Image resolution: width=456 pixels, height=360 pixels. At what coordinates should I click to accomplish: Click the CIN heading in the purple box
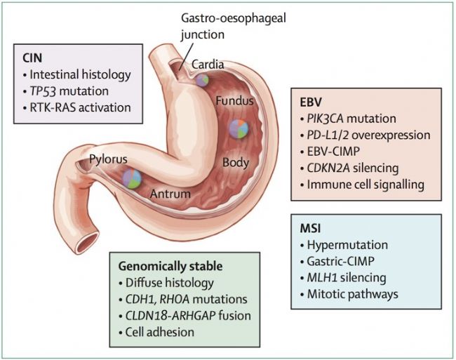[32, 58]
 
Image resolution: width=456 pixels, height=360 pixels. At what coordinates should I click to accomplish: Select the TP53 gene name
[43, 91]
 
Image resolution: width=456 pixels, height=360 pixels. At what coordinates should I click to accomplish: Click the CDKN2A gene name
[328, 168]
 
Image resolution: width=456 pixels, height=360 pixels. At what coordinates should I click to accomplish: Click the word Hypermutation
[347, 245]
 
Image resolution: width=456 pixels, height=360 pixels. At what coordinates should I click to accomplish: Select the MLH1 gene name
[322, 278]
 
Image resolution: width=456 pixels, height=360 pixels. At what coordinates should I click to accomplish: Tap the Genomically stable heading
[170, 267]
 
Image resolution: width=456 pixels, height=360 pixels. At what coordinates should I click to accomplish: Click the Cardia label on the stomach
[208, 65]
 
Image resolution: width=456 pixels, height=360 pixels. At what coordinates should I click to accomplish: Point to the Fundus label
[234, 101]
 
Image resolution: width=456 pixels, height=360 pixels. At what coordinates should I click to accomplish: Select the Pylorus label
[108, 159]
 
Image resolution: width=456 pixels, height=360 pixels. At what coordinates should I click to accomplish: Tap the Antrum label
[170, 194]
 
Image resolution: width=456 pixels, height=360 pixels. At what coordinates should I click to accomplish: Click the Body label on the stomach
[236, 163]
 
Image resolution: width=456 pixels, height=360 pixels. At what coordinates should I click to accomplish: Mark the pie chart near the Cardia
[202, 80]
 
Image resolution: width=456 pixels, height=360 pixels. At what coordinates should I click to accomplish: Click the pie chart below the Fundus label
[239, 128]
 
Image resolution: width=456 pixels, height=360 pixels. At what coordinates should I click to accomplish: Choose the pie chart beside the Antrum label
[132, 179]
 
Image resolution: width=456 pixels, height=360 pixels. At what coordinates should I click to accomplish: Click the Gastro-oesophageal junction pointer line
[185, 55]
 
